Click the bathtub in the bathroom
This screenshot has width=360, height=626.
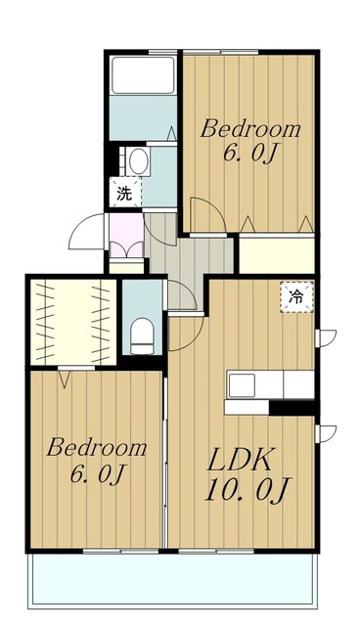tap(143, 75)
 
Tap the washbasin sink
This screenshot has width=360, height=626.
tap(138, 161)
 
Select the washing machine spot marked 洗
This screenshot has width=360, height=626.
tap(125, 193)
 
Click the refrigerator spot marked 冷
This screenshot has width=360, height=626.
tap(296, 297)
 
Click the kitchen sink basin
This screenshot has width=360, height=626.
tap(242, 385)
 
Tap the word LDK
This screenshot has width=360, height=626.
tap(240, 460)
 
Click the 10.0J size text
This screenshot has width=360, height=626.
tap(247, 489)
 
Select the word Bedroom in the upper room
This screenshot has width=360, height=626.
tap(249, 129)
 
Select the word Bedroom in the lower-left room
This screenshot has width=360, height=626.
tap(97, 448)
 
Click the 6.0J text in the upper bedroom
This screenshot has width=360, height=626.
tap(249, 153)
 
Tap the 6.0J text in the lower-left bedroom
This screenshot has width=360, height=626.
tap(97, 473)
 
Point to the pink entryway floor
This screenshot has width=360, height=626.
tap(126, 236)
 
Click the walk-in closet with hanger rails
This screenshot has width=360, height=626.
tap(73, 322)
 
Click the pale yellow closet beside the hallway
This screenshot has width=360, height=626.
tap(277, 255)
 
